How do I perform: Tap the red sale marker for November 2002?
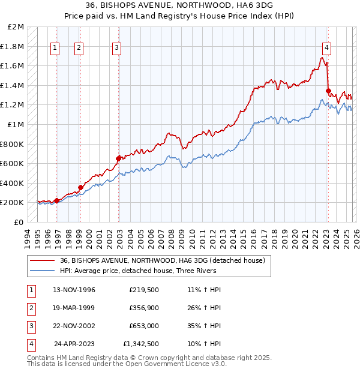(x=119, y=158)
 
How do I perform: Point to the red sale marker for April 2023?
(x=328, y=91)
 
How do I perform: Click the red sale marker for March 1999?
(x=80, y=187)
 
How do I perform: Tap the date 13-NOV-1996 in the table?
(x=74, y=290)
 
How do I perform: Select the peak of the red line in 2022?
(x=322, y=58)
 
